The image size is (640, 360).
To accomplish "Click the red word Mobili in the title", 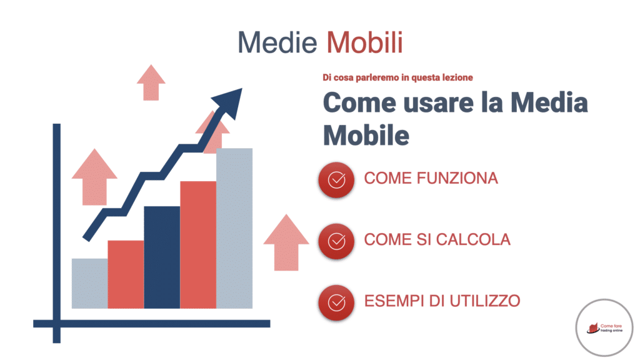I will pos(365,42).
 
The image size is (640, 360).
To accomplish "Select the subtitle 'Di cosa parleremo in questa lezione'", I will pos(397,77).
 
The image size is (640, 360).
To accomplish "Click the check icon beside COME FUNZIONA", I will pos(336,179).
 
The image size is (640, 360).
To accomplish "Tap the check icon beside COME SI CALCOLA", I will pos(336,240).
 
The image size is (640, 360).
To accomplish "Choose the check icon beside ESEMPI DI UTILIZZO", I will pos(336,301).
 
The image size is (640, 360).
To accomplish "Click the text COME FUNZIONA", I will pos(431,179).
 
